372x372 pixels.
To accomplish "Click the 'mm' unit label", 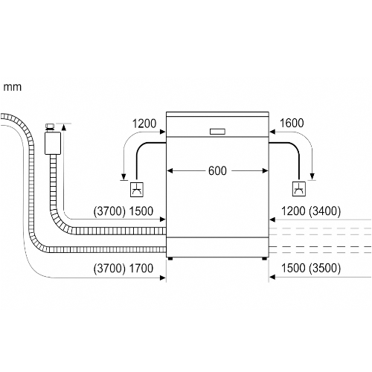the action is (13, 88).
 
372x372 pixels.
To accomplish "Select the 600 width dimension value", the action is (217, 171).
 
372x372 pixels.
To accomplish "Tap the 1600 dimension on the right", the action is (292, 124).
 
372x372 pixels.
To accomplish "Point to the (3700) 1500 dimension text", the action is (124, 211).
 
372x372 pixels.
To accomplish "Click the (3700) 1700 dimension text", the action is (124, 269).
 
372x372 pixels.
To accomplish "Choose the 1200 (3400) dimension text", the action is (311, 211).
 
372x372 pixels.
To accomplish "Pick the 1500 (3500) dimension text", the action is (311, 268).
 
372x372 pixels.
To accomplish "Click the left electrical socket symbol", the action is (137, 190).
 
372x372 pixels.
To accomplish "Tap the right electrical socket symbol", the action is (299, 189).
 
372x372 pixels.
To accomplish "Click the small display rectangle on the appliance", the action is (217, 132).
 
